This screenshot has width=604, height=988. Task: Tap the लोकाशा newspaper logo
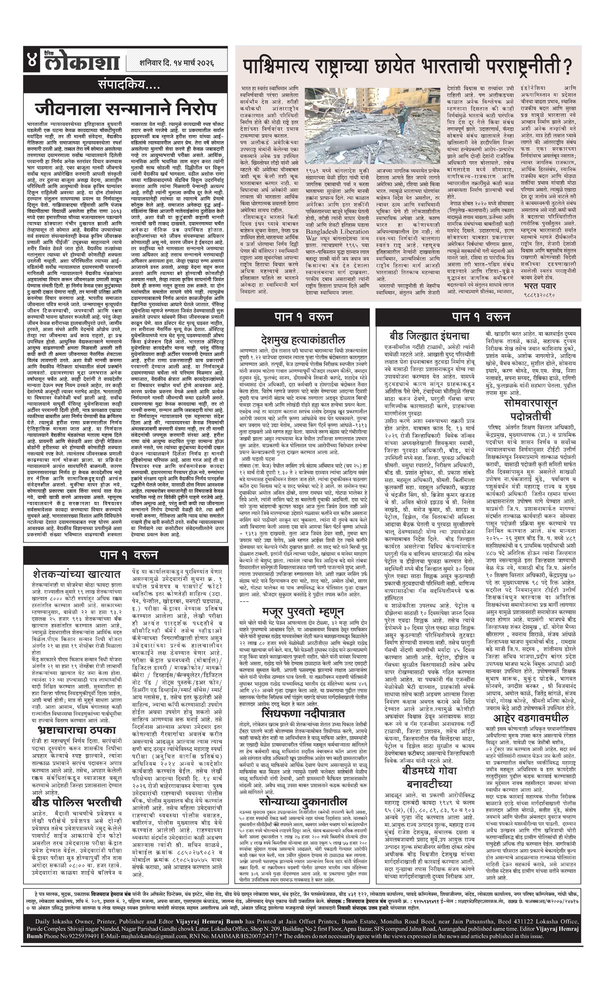[82, 62]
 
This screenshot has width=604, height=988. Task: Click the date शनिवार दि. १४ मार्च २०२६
[176, 63]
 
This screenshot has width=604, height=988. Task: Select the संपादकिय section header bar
[125, 85]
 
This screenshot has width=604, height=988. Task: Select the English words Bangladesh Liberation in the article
[337, 231]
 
